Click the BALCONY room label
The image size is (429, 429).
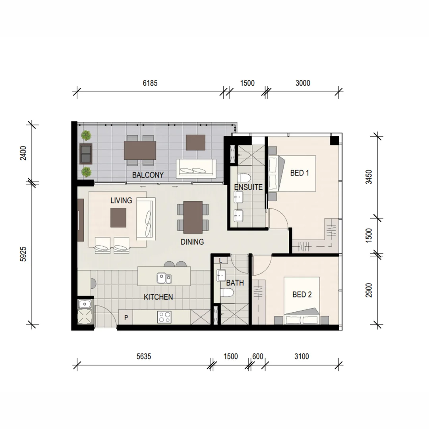coord(148,175)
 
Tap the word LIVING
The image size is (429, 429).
coord(121,201)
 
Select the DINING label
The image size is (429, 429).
coord(192,242)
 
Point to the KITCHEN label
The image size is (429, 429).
coord(158,297)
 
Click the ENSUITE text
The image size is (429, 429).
coord(249,187)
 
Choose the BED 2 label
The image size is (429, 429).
coord(302,294)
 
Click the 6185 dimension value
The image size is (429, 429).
coord(150,83)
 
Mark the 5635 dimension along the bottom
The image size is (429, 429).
coord(144,356)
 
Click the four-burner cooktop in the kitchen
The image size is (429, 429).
coord(164,317)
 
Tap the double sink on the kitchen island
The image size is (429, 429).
coord(164,278)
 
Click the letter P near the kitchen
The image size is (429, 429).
coord(126,317)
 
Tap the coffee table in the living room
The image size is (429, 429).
coord(118,218)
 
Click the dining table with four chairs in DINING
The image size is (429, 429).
coord(193,216)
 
